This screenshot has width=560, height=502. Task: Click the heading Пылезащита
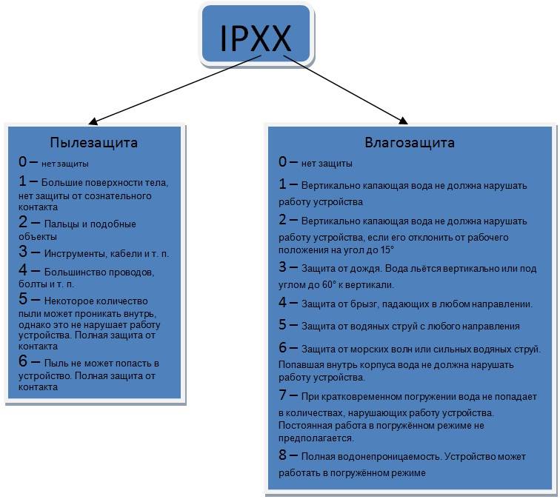tap(94, 142)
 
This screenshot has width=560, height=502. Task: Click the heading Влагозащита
tap(410, 141)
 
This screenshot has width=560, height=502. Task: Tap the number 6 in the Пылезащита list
tap(24, 363)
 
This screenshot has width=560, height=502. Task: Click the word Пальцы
tap(58, 224)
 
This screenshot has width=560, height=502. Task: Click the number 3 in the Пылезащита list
tap(24, 252)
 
